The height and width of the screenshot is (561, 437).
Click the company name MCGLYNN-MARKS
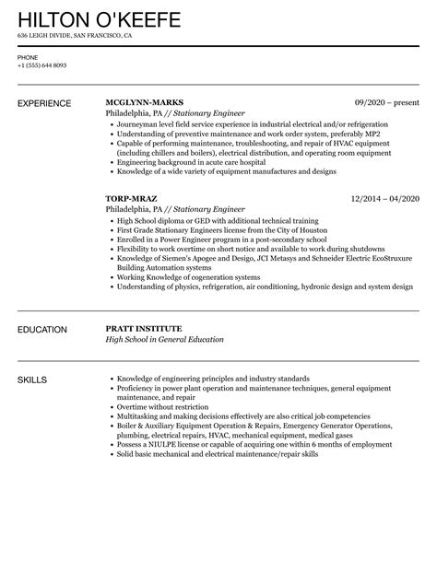pos(144,101)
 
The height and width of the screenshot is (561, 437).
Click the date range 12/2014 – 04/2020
pos(381,197)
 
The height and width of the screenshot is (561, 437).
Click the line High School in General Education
pos(165,340)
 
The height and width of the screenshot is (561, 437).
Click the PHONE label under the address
pos(28,57)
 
